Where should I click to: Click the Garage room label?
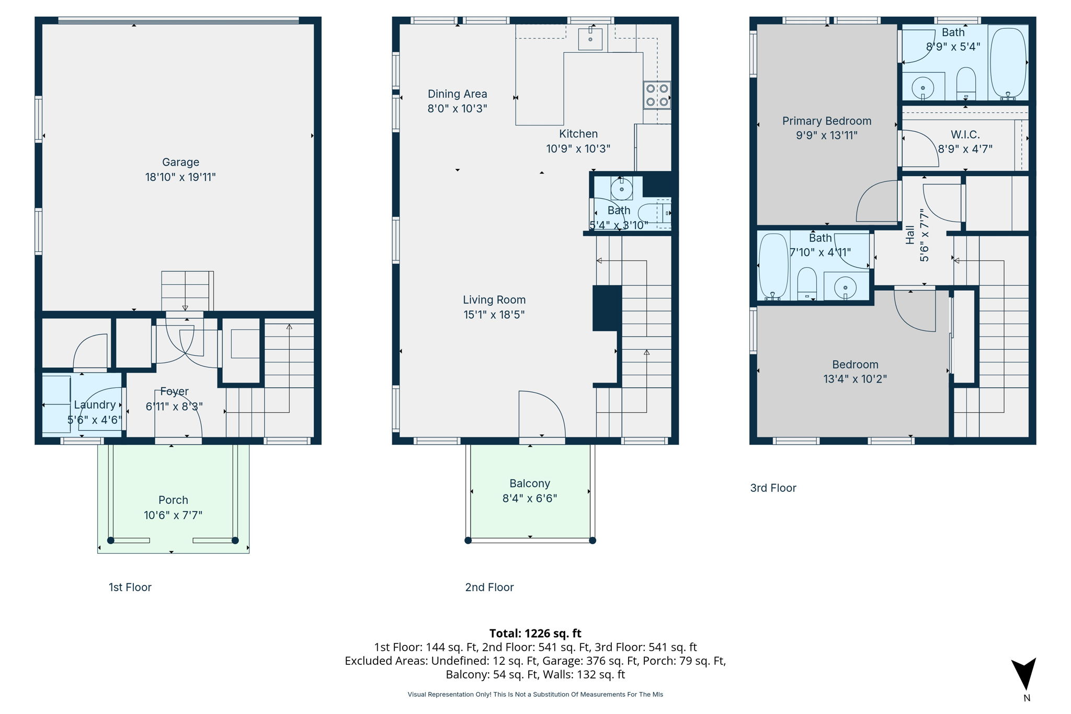click(180, 163)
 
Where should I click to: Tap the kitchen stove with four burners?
click(657, 95)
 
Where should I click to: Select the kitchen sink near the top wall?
click(590, 39)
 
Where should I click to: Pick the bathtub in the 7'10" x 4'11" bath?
click(773, 266)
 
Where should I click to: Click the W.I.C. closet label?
click(965, 135)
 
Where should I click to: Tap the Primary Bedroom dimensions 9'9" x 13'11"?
click(826, 135)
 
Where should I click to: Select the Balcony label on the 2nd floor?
click(530, 483)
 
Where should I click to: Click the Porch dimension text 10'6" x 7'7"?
click(173, 515)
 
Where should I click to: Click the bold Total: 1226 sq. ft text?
click(535, 634)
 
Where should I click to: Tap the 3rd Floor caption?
click(773, 488)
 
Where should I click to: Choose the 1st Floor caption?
click(130, 588)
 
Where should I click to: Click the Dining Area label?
click(457, 94)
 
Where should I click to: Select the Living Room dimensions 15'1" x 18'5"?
click(494, 315)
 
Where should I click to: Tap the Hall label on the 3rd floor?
click(910, 235)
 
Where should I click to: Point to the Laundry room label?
click(95, 405)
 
